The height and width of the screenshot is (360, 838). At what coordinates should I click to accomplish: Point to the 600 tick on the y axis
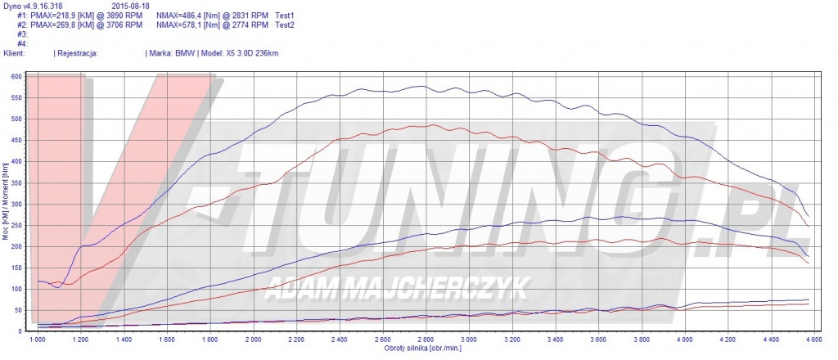point(16,77)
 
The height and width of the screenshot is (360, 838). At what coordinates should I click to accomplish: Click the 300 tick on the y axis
point(16,205)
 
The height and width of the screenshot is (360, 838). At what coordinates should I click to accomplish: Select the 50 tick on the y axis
point(18,310)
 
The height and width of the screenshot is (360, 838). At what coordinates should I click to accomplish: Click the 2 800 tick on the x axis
point(425,338)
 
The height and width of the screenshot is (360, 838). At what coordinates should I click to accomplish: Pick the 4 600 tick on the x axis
point(812,338)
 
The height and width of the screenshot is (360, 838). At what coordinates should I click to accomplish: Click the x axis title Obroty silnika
point(424,348)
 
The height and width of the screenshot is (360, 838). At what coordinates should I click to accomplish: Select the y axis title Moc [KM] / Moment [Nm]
point(7,204)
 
